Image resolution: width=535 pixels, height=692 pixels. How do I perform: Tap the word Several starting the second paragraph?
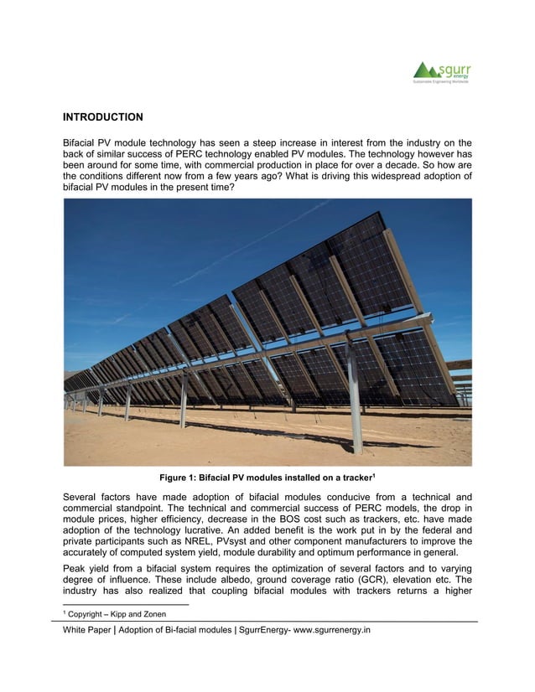[x=85, y=500]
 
